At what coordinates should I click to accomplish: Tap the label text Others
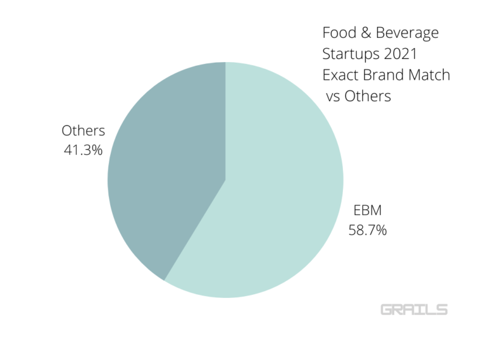(83, 131)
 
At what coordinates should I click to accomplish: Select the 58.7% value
(368, 230)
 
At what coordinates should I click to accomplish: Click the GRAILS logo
(414, 309)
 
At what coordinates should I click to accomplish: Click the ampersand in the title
(365, 32)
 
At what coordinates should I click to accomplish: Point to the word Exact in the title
(340, 75)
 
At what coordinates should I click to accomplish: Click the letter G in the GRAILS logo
(387, 309)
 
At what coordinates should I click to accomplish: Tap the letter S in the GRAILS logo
(442, 309)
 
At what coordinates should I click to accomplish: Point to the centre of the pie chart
(225, 180)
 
